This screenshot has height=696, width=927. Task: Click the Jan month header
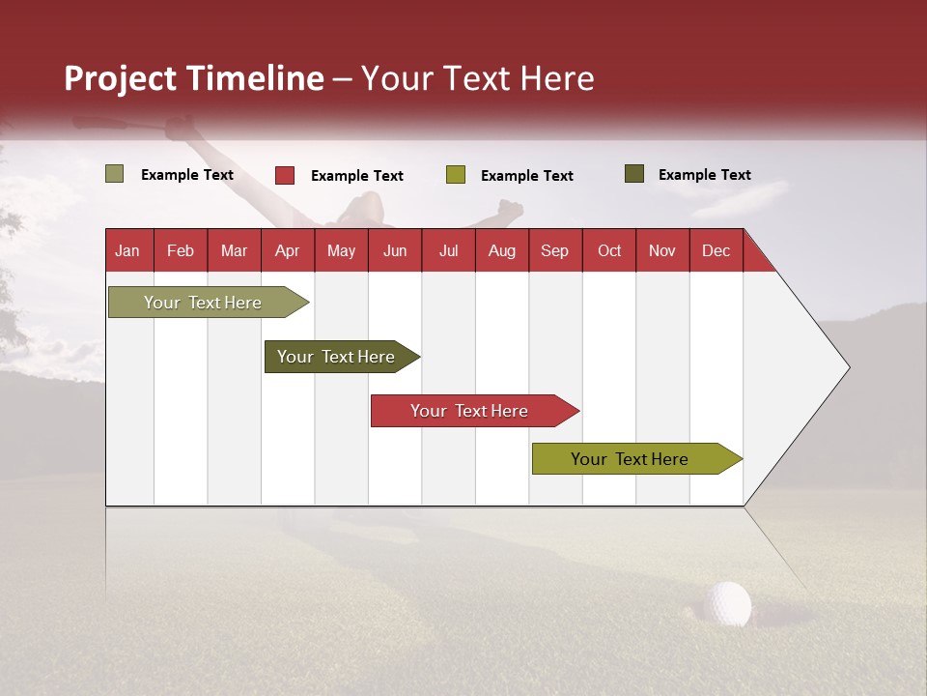(x=127, y=251)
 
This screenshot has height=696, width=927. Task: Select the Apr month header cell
(x=287, y=251)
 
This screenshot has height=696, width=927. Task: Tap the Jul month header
(x=448, y=251)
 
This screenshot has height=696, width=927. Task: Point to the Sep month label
(x=554, y=251)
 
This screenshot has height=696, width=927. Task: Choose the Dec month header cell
(x=716, y=251)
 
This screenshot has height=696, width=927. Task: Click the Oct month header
(x=609, y=251)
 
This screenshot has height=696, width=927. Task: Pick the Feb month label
(x=181, y=251)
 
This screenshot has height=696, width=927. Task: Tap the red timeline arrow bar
(x=470, y=411)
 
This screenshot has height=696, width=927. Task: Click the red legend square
(x=285, y=175)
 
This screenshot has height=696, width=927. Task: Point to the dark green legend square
(x=634, y=174)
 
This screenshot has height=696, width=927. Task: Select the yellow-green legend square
(x=456, y=175)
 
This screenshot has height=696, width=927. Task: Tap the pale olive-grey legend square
(x=115, y=174)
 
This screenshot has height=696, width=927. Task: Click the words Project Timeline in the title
(x=194, y=78)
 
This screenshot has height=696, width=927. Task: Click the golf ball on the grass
(x=727, y=603)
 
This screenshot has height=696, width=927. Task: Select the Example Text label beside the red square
(x=357, y=176)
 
